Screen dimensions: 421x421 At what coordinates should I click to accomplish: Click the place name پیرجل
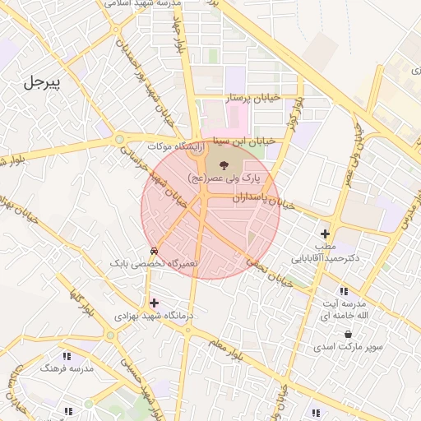(x=44, y=82)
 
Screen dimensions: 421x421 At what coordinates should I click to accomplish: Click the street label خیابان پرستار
(x=253, y=98)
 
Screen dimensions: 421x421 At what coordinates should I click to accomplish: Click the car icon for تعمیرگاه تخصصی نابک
(x=154, y=251)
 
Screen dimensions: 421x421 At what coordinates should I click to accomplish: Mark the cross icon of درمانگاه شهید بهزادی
(x=154, y=303)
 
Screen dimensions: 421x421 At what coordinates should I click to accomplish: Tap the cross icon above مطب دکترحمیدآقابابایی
(x=326, y=234)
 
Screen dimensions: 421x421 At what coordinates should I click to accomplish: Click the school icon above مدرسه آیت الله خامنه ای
(x=343, y=291)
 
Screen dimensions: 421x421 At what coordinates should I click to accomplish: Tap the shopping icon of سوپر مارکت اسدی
(x=348, y=334)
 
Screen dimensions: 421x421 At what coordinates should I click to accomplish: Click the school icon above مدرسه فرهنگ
(x=67, y=356)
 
